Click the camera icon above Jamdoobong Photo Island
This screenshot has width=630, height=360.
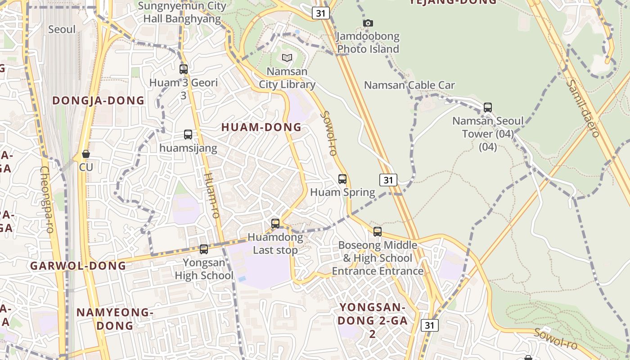coord(368,23)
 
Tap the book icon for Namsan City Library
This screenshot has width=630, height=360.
coord(287,58)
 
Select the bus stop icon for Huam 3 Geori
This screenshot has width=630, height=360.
coord(184,69)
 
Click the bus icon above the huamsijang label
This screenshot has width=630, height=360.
coord(188,135)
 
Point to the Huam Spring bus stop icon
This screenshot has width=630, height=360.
coord(342,179)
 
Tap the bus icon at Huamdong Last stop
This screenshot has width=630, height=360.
coord(275,223)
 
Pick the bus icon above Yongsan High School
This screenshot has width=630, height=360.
coord(204,249)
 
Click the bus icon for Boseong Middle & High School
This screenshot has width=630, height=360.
coord(378,232)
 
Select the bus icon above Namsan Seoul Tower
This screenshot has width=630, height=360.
coord(488,108)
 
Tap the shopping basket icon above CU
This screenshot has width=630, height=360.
coord(86,154)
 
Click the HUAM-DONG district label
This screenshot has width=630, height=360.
coord(261,127)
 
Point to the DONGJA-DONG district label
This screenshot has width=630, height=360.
coord(99,100)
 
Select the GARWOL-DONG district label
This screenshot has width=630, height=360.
coord(78,265)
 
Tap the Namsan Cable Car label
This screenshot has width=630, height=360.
coord(409,85)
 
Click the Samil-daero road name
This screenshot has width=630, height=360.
coord(583,108)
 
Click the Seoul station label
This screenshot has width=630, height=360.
coord(62,29)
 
